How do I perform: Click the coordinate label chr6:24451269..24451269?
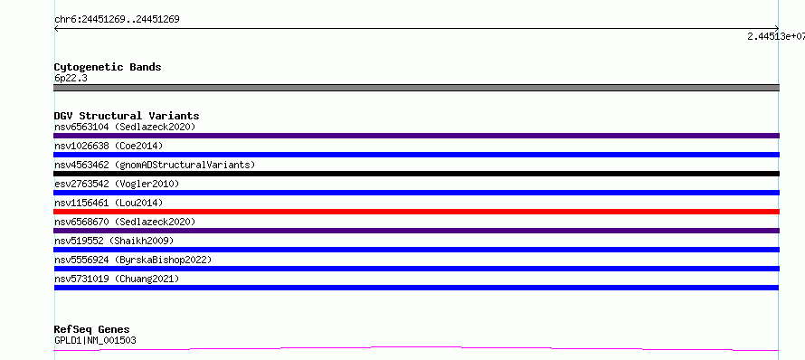point(117,20)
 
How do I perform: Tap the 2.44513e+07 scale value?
point(776,36)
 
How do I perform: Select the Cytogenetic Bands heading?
point(108,67)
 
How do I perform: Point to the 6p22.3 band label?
point(71,78)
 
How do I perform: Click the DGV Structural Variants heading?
point(127,116)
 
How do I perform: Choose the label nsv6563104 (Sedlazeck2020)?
point(125,127)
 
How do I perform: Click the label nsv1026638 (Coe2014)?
point(109,146)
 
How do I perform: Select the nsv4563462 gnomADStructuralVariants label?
point(155,165)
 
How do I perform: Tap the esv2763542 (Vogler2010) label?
point(117,184)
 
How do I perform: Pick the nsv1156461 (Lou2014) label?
point(109,203)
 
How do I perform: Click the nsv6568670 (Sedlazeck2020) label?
point(125,222)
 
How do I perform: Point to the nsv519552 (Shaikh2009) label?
point(114,241)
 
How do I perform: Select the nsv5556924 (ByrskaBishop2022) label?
point(133,260)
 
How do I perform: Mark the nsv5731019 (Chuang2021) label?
point(117,279)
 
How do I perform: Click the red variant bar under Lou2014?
point(416,212)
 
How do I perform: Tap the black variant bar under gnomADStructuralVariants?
point(416,174)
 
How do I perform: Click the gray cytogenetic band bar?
point(416,88)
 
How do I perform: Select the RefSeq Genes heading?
point(92,329)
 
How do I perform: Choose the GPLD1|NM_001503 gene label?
point(95,340)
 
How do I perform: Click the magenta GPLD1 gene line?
point(416,347)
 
